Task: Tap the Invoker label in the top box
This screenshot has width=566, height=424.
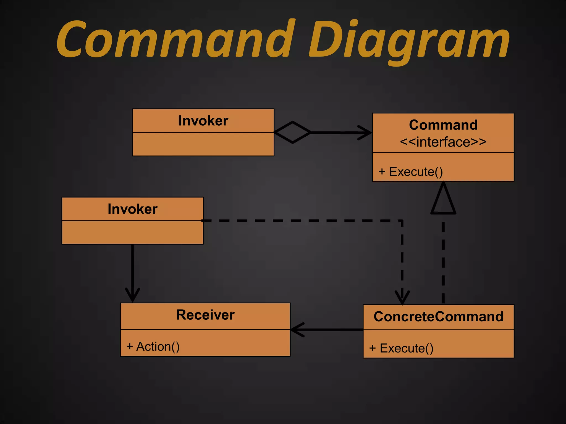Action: pyautogui.click(x=203, y=121)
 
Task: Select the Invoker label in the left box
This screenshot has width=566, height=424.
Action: pyautogui.click(x=132, y=209)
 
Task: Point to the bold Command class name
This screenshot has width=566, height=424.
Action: pyautogui.click(x=443, y=125)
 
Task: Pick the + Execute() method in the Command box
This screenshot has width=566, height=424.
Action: pyautogui.click(x=411, y=172)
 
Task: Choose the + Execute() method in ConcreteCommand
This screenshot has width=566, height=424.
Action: pyautogui.click(x=401, y=348)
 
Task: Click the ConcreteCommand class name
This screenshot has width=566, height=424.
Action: pyautogui.click(x=438, y=317)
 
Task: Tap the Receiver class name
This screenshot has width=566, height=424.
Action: pyautogui.click(x=205, y=315)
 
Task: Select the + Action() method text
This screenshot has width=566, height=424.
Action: pyautogui.click(x=153, y=347)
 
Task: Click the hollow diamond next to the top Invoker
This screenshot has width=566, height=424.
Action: pyautogui.click(x=292, y=132)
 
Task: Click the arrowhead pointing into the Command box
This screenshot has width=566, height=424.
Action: pyautogui.click(x=366, y=133)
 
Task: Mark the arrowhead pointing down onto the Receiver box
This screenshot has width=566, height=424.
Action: pyautogui.click(x=133, y=296)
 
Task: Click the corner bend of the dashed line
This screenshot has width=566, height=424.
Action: pyautogui.click(x=402, y=221)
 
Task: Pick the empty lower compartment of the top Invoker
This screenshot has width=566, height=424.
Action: pyautogui.click(x=203, y=144)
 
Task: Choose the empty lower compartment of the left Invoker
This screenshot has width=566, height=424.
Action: pyautogui.click(x=132, y=232)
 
